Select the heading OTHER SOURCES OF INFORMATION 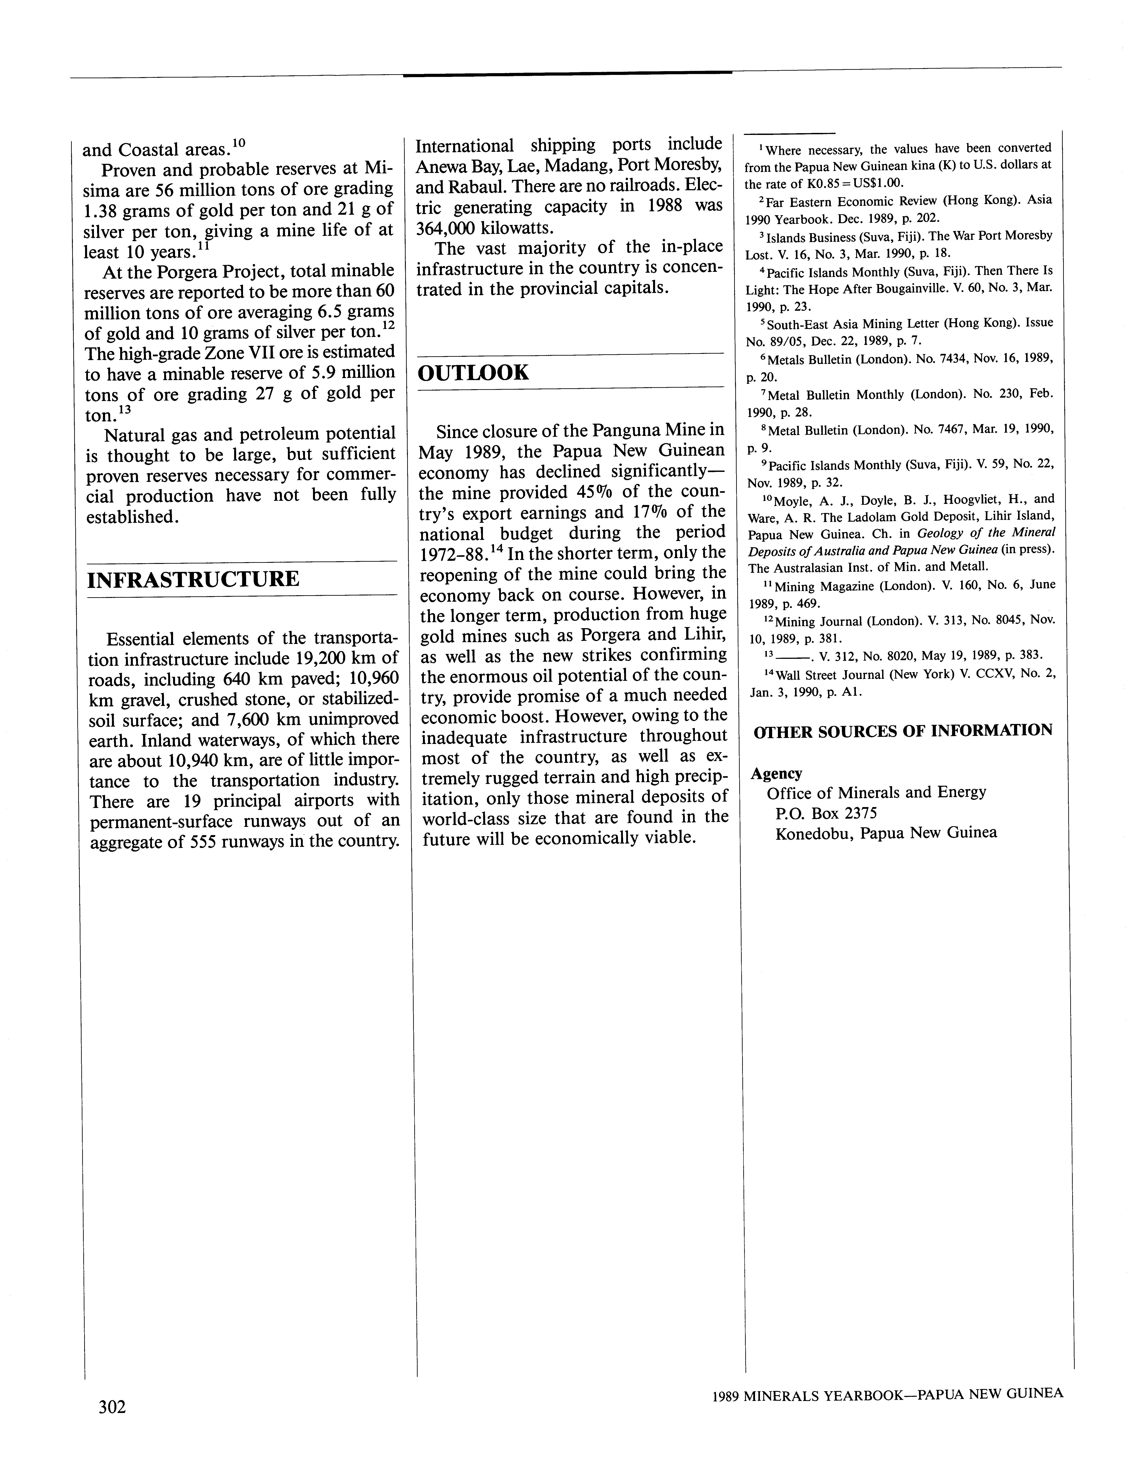(x=903, y=731)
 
